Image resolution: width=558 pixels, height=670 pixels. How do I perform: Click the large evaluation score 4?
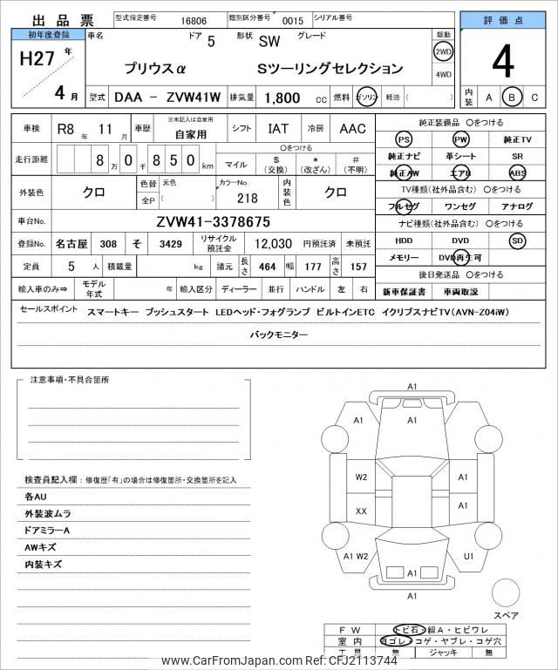click(x=504, y=62)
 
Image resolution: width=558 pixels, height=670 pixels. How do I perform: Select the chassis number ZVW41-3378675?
click(x=213, y=221)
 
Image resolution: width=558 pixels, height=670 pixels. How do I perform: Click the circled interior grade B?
click(x=513, y=98)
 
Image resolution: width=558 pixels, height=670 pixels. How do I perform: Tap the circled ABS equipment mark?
click(x=518, y=173)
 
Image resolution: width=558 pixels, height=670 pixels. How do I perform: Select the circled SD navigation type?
click(x=518, y=240)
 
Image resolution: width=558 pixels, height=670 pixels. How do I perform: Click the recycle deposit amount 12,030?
click(x=272, y=246)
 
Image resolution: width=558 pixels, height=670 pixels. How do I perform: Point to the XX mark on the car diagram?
click(x=361, y=511)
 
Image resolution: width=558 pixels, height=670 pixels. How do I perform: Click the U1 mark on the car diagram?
click(x=468, y=556)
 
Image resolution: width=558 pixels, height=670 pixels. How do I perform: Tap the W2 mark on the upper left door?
click(x=361, y=477)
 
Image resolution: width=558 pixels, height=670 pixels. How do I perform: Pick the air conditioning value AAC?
click(x=352, y=129)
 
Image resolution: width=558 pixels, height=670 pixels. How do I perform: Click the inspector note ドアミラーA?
click(x=48, y=531)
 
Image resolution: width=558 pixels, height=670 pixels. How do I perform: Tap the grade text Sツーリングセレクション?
click(x=330, y=69)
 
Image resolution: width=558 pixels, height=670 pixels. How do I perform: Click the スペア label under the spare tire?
click(x=506, y=615)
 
